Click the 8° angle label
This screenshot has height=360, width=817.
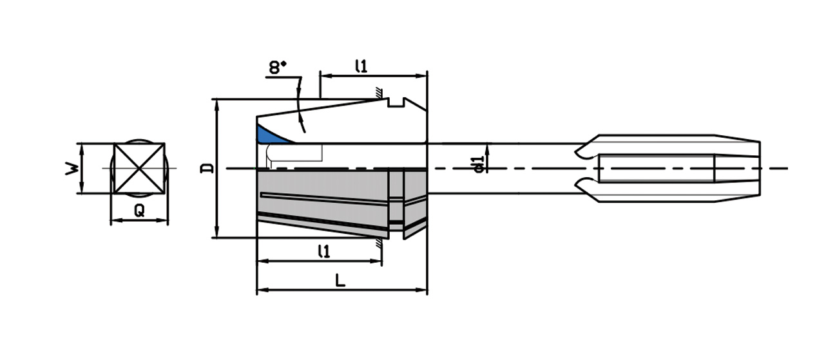pyautogui.click(x=278, y=68)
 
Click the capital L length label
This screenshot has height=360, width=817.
pyautogui.click(x=341, y=281)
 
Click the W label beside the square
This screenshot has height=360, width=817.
pyautogui.click(x=73, y=169)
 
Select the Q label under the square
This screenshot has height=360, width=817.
pyautogui.click(x=139, y=210)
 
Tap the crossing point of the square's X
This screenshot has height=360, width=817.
pyautogui.click(x=139, y=168)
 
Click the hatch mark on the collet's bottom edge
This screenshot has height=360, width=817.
pyautogui.click(x=381, y=242)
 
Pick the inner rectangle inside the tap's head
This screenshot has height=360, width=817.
pyautogui.click(x=656, y=168)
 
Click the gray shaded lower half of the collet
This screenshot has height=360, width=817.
pyautogui.click(x=322, y=200)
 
